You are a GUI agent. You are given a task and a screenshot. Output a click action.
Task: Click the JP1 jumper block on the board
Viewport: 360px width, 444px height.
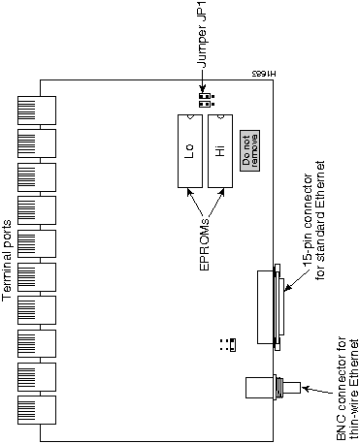pyautogui.click(x=204, y=100)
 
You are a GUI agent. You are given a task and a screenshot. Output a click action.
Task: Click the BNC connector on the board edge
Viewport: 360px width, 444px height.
pyautogui.click(x=266, y=389)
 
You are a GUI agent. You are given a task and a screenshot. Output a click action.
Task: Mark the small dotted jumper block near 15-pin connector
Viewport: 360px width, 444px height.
pyautogui.click(x=229, y=345)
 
